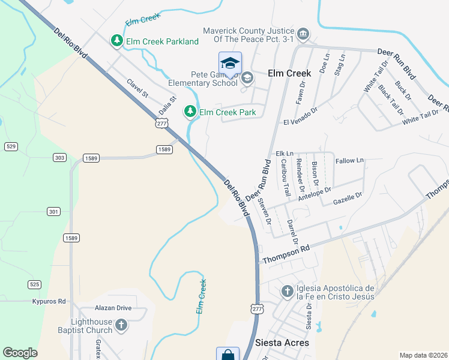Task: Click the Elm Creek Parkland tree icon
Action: tap(116, 41)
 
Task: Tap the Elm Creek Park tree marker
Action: tap(190, 112)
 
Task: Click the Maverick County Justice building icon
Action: tap(303, 33)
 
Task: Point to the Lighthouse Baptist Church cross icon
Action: tap(121, 326)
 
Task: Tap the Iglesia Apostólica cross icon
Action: tap(287, 292)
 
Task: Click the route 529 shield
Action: tap(10, 146)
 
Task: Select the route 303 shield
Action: tap(59, 158)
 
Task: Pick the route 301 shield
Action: tap(53, 211)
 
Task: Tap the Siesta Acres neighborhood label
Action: tap(282, 343)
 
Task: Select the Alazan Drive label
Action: tap(112, 308)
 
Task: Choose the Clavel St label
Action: tap(137, 88)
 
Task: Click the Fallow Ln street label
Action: tap(350, 161)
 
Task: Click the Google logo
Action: tap(20, 353)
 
